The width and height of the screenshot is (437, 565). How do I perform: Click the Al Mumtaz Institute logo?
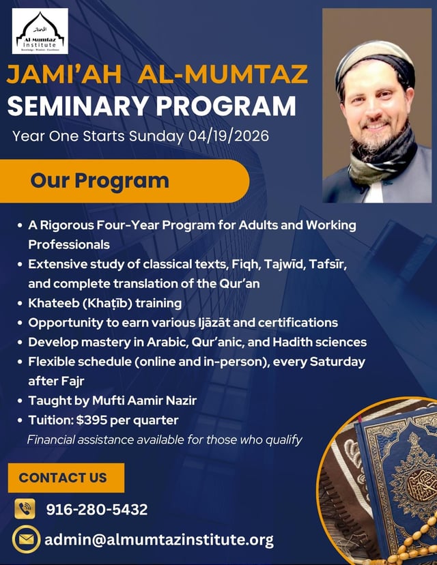40,31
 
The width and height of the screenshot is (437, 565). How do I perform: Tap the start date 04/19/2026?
229,136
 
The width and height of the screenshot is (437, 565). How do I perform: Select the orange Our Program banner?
124,181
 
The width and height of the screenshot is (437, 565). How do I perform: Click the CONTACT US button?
66,478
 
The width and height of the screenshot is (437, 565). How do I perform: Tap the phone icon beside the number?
25,509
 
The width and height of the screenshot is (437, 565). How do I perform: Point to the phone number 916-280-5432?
97,510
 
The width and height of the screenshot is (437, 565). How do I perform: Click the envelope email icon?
27,540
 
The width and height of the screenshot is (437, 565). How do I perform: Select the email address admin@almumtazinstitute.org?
159,540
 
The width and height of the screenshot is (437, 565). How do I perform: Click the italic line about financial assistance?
165,440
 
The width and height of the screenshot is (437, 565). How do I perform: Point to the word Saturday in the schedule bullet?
337,362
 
